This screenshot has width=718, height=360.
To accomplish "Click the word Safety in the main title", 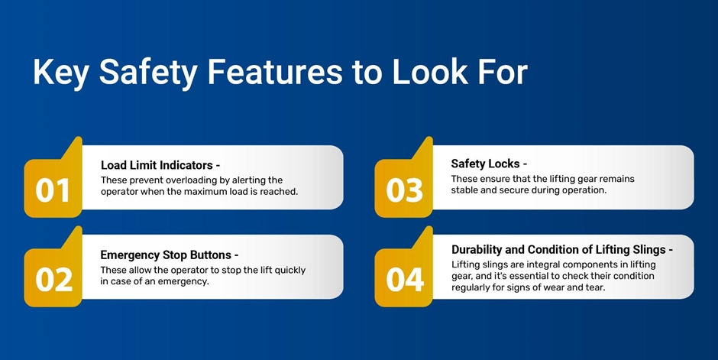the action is click(148, 73).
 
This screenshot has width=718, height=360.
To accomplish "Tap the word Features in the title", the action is click(275, 72).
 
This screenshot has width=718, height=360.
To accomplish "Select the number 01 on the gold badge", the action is click(52, 190).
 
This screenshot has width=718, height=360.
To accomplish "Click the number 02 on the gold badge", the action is click(53, 280).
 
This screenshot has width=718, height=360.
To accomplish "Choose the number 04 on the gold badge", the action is click(404, 280).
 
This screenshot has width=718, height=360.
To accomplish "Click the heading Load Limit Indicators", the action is click(157, 165).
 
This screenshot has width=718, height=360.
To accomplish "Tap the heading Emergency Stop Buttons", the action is click(166, 255).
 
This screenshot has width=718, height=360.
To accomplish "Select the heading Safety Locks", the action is click(485, 164).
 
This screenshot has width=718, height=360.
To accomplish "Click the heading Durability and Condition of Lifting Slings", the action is click(558, 250).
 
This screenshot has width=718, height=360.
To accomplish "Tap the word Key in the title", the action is click(61, 73).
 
